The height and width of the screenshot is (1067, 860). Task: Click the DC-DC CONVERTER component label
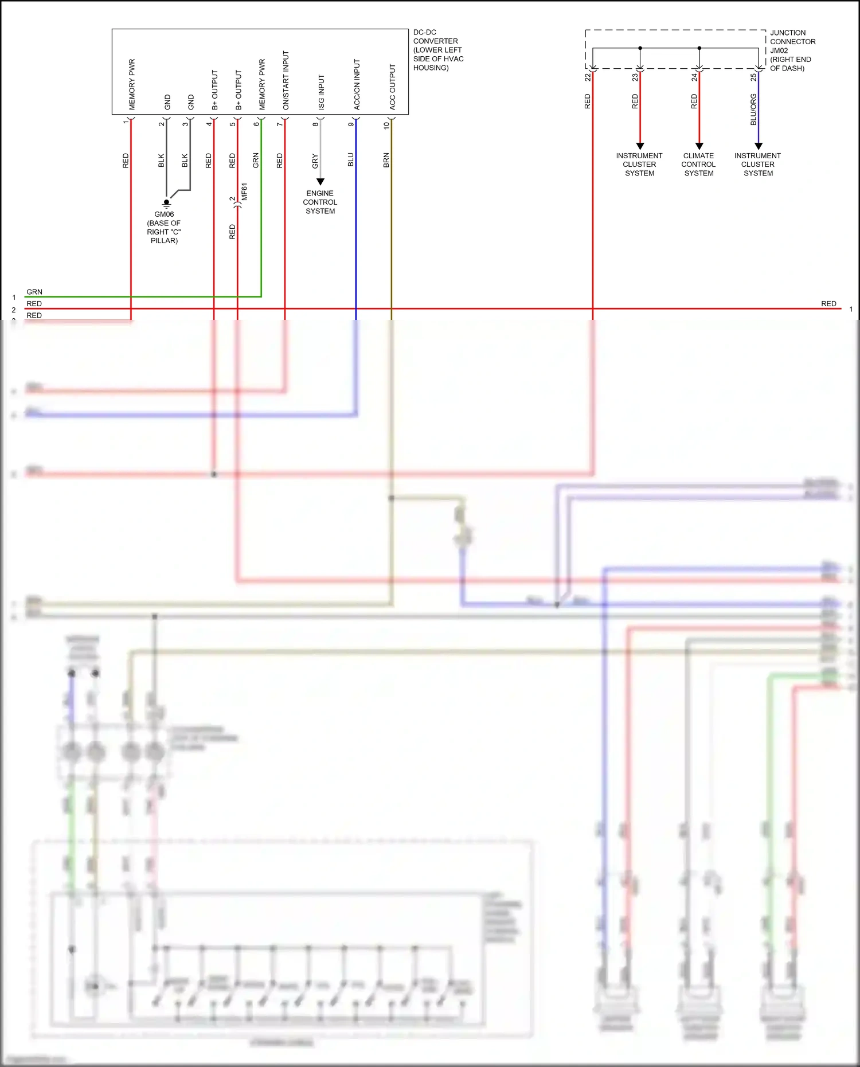click(x=437, y=50)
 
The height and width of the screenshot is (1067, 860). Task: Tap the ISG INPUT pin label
click(x=321, y=92)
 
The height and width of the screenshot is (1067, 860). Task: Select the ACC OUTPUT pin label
click(x=393, y=87)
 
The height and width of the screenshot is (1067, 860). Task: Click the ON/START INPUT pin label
click(x=286, y=80)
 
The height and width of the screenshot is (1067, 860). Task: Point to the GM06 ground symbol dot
click(x=166, y=202)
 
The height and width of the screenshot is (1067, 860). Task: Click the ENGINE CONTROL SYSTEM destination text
click(x=320, y=202)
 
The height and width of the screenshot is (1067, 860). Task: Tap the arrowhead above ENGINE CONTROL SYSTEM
click(x=320, y=181)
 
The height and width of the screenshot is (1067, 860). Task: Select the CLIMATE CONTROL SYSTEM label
click(x=698, y=165)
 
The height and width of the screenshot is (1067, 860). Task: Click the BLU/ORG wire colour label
click(x=753, y=110)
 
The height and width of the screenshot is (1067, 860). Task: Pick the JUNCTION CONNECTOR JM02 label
click(x=792, y=50)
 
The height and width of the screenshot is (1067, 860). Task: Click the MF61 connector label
click(x=244, y=192)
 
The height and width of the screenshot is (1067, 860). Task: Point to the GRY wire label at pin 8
click(x=315, y=161)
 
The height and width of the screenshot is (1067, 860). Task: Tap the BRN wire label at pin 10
click(x=386, y=160)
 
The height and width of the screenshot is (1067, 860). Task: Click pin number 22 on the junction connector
click(x=588, y=77)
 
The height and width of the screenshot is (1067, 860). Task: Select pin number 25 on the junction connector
click(x=753, y=77)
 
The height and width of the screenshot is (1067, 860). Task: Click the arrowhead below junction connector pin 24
click(x=699, y=146)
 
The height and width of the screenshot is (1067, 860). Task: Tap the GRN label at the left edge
click(x=34, y=292)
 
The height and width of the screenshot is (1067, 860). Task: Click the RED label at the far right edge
click(x=828, y=303)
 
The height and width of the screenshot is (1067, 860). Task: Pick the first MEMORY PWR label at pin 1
click(x=132, y=84)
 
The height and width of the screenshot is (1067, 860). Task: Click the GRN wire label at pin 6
click(x=256, y=160)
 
